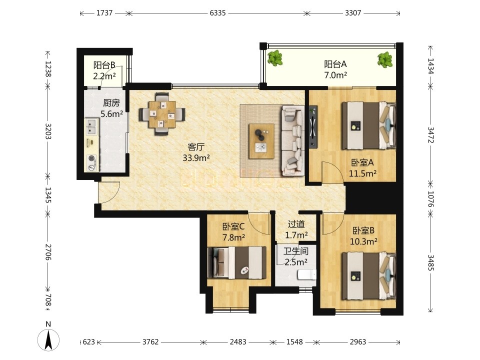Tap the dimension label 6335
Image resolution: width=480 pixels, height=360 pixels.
pos(217,13)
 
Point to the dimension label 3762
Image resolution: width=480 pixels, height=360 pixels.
pos(150,341)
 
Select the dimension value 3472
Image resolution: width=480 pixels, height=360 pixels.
pos(430,135)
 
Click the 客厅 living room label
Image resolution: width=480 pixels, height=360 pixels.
pos(196,147)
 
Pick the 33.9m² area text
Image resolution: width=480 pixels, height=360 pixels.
pos(196,158)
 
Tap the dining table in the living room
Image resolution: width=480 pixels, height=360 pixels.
pos(162,114)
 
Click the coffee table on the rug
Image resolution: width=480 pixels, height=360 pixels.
pos(261,141)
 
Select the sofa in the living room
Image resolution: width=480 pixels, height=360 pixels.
pos(292,141)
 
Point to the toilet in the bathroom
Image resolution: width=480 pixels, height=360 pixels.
pos(307,274)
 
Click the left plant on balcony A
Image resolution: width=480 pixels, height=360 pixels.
pos(275,58)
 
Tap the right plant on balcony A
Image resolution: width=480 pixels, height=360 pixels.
pos(384,59)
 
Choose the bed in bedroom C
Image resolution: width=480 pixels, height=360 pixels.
pos(237,262)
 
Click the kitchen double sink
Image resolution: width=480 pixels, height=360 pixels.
pos(92,126)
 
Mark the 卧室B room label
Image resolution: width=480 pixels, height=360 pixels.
pos(363,230)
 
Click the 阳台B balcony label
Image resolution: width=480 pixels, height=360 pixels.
pos(104,65)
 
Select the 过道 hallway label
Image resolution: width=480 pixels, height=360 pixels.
pos(296,224)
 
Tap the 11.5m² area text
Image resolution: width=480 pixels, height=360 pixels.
pos(363,173)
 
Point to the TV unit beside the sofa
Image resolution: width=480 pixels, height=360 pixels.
pos(313,127)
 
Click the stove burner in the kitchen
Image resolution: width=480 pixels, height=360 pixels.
pos(92,162)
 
